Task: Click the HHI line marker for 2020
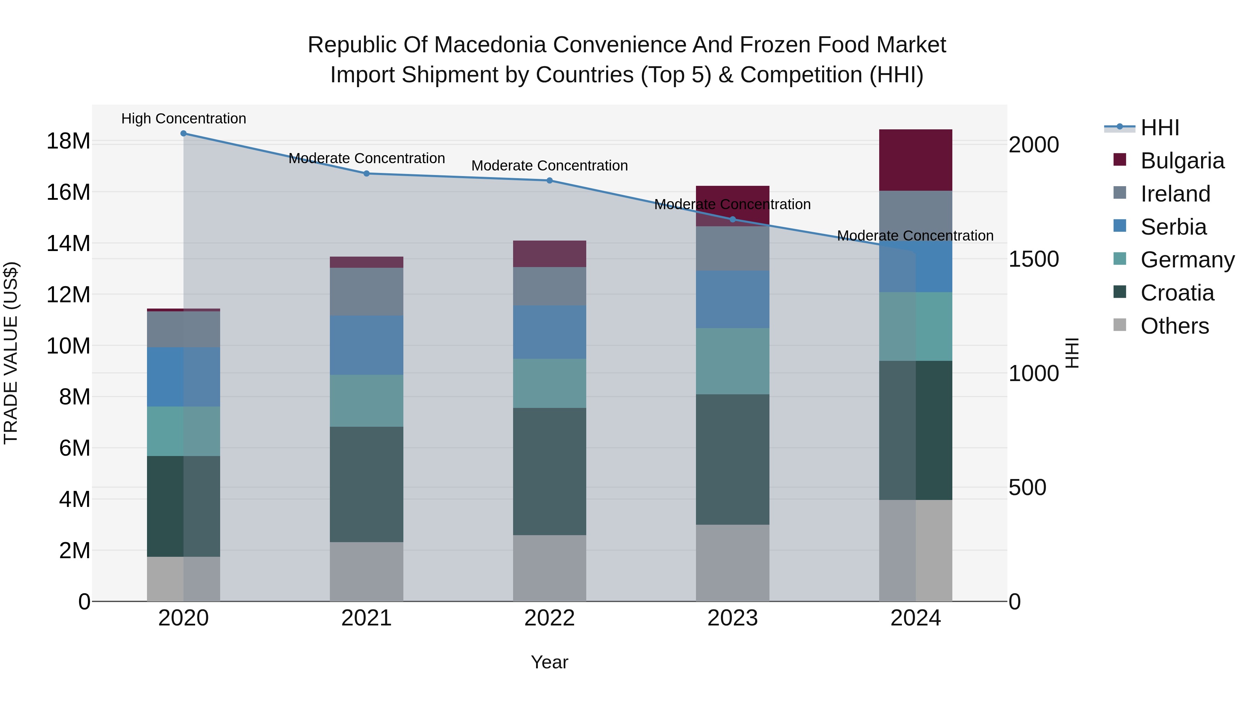(x=184, y=133)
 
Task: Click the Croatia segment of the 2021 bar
(x=366, y=484)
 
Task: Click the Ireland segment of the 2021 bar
(x=366, y=291)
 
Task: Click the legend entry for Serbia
(x=1173, y=227)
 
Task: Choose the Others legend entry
(x=1174, y=326)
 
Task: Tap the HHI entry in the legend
(x=1160, y=128)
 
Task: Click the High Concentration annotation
(x=184, y=119)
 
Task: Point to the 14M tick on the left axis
(x=68, y=243)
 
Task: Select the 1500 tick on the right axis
(x=1033, y=259)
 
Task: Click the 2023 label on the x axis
(x=732, y=618)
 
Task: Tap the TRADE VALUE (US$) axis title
(x=11, y=353)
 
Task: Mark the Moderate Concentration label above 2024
(x=915, y=236)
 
